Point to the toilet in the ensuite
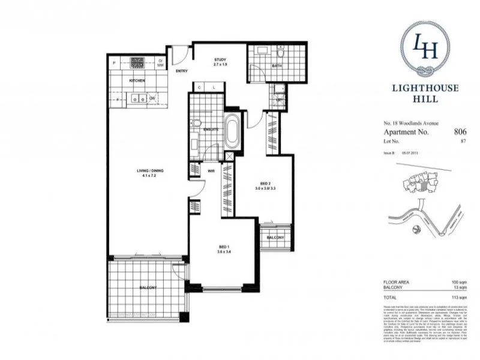(x=197, y=123)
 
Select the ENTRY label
(x=182, y=71)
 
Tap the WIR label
(x=212, y=171)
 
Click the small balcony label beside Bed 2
(x=276, y=238)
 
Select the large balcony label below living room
(x=148, y=289)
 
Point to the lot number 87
(x=463, y=142)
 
